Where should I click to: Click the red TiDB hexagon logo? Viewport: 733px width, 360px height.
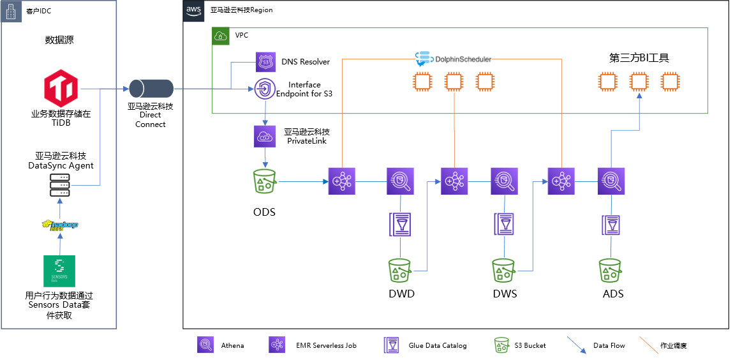(x=61, y=88)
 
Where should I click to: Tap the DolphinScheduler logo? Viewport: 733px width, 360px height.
(x=454, y=59)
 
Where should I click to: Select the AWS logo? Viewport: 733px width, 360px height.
(x=194, y=11)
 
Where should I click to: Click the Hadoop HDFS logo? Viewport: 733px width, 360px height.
(x=60, y=225)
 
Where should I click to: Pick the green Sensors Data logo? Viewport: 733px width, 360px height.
(x=59, y=271)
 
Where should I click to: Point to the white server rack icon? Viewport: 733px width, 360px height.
(x=60, y=185)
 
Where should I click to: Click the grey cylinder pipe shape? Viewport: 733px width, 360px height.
(x=151, y=89)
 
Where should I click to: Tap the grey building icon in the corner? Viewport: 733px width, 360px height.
(x=10, y=11)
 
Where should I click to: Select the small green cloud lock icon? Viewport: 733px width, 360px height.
(x=220, y=36)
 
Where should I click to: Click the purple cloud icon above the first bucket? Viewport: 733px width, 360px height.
(x=265, y=137)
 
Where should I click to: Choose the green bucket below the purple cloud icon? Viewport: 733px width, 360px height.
(x=265, y=181)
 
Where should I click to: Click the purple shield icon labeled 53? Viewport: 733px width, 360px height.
(x=266, y=63)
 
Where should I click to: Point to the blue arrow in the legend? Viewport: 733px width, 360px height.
(x=577, y=345)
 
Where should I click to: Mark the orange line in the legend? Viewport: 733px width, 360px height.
(x=649, y=345)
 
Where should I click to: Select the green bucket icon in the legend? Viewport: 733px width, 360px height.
(x=501, y=345)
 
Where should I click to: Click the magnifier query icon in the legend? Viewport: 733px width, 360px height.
(x=205, y=345)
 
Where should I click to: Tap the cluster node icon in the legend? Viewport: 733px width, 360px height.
(x=277, y=345)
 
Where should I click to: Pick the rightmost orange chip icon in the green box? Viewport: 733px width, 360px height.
(x=670, y=82)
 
